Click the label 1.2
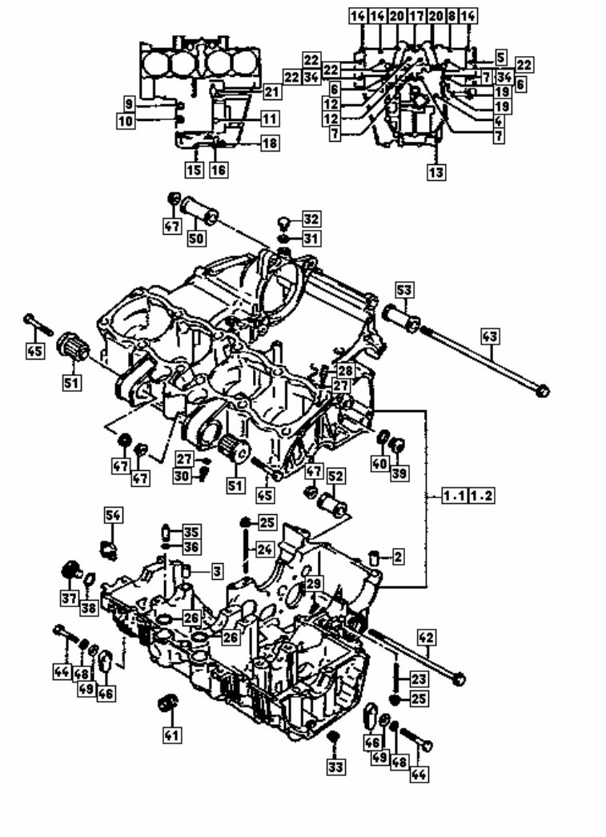coord(482,496)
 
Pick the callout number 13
coord(436,171)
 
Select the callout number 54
coord(114,515)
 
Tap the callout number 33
coord(335,767)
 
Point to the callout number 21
coord(272,93)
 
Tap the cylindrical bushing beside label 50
coord(200,211)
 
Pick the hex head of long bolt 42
coord(458,679)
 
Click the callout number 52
coord(335,477)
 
